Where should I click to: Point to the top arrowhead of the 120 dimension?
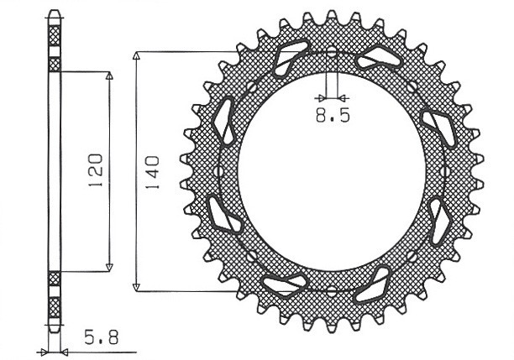[x=108, y=76]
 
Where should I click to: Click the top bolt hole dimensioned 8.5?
[x=332, y=54]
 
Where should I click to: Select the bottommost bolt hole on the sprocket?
[x=332, y=290]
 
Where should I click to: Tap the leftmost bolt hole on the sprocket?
[x=218, y=172]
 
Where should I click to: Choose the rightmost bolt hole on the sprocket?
[x=445, y=172]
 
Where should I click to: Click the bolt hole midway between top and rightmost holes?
[x=412, y=87]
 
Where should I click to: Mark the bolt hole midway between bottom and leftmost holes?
[x=250, y=255]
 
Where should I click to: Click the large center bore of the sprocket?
[x=332, y=172]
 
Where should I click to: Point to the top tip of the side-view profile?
[x=55, y=13]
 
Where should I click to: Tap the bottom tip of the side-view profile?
[x=55, y=328]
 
